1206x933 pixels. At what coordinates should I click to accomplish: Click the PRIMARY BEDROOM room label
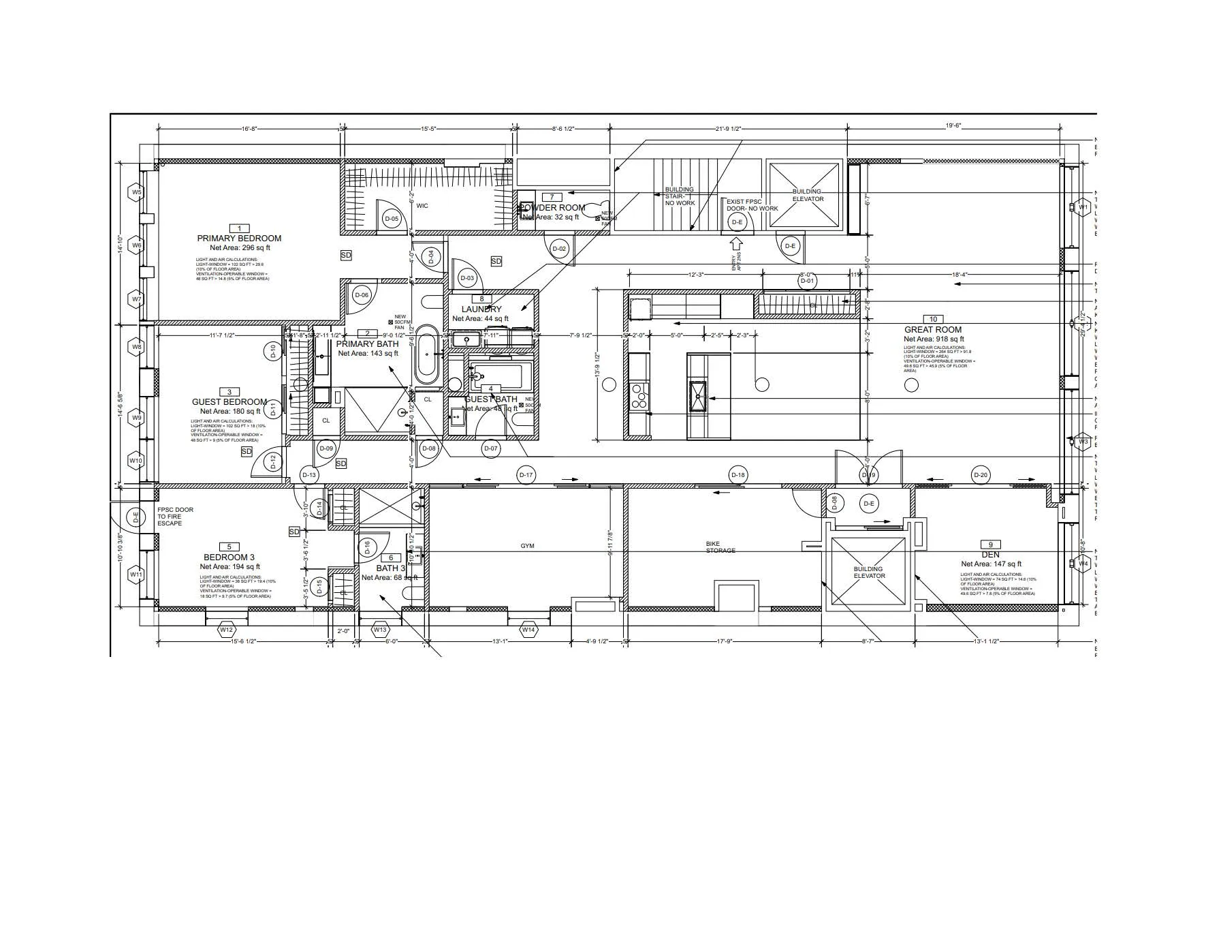(239, 239)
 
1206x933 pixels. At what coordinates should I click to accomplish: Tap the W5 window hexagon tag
(137, 192)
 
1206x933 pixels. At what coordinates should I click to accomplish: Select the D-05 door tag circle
(391, 219)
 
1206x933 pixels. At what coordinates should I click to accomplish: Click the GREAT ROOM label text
(933, 329)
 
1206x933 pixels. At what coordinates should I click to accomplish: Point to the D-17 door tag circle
(526, 475)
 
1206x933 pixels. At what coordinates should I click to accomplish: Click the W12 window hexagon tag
(226, 630)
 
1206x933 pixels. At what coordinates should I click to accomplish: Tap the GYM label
(528, 546)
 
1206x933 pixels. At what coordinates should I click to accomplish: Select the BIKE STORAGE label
(720, 547)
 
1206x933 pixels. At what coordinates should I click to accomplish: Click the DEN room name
(991, 555)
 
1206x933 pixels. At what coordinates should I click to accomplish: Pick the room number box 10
(933, 319)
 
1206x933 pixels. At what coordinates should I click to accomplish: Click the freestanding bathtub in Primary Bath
(427, 354)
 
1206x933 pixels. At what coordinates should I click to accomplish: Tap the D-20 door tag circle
(980, 475)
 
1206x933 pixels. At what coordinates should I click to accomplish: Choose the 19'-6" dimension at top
(953, 125)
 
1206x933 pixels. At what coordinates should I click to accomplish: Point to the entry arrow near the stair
(735, 243)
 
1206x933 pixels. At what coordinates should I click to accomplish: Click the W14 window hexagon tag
(528, 630)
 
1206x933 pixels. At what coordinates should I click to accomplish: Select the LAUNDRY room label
(481, 309)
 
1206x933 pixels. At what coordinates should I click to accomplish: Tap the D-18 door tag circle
(737, 475)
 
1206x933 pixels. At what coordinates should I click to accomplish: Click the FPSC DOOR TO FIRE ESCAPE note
(175, 516)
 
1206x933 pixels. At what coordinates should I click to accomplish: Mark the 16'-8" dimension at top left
(249, 128)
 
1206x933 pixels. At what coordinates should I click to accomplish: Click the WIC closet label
(422, 206)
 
